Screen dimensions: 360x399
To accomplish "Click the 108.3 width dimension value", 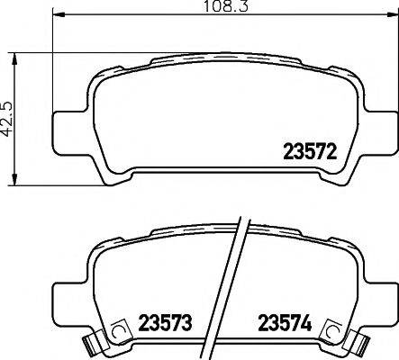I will (x=204, y=7).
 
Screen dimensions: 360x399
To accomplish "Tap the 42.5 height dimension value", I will (x=8, y=117).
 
